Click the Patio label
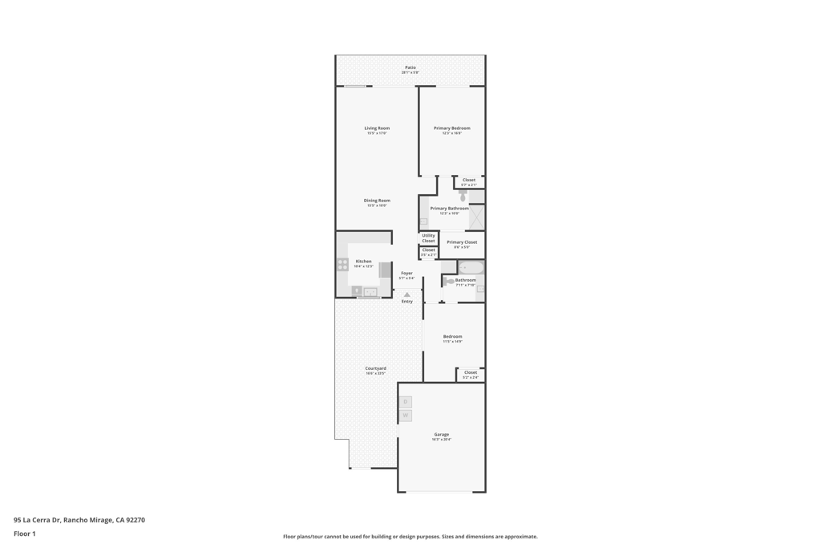coord(410,67)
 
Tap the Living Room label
coord(377,128)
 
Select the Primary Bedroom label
coord(451,128)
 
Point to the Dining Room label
coord(377,201)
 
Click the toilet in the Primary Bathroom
coord(463,195)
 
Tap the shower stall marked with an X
coord(476,217)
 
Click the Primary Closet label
coord(462,242)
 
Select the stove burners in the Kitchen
coord(342,264)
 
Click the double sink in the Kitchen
coord(370,292)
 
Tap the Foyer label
coord(406,273)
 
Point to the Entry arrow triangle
coord(407,294)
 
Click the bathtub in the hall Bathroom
coord(472,267)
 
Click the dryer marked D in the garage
coord(406,402)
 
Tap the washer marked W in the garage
coord(406,416)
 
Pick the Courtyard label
coord(375,368)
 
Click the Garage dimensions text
coord(442,440)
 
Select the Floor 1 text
coord(25,534)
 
